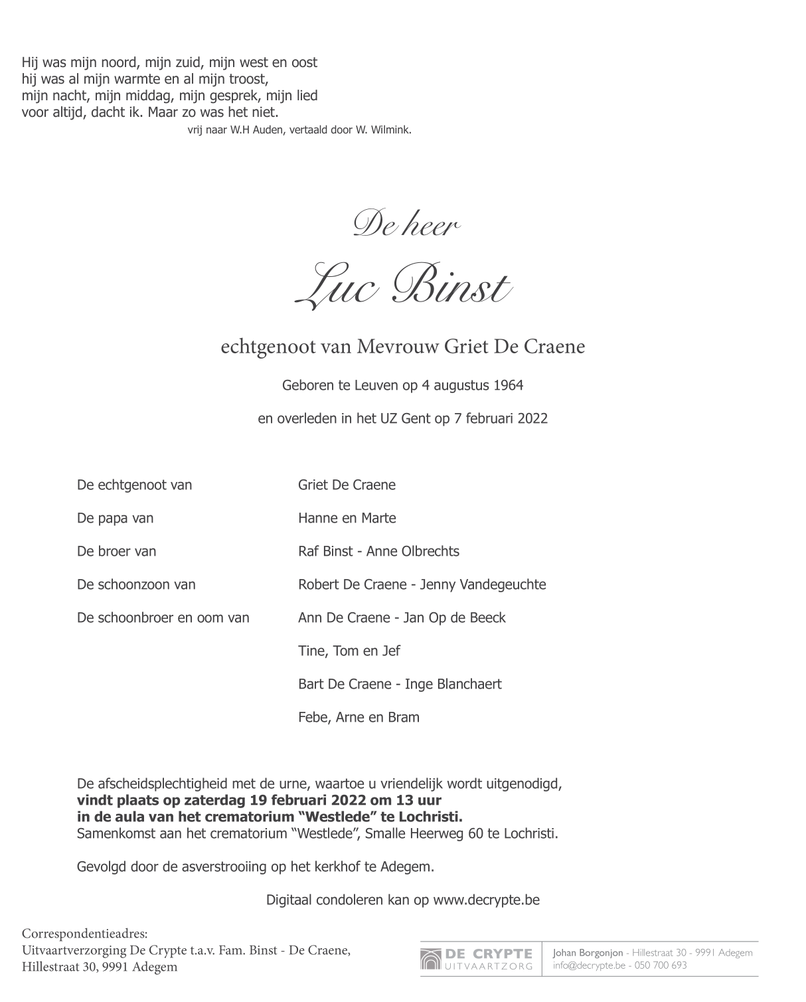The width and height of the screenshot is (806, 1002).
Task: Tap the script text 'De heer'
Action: pyautogui.click(x=406, y=224)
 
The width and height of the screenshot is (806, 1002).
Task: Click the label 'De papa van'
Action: pyautogui.click(x=116, y=518)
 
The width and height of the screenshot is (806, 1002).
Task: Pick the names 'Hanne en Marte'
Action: pyautogui.click(x=347, y=518)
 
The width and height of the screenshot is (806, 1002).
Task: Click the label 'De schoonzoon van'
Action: pyautogui.click(x=136, y=584)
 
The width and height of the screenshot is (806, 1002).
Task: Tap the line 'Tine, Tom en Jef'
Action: pyautogui.click(x=349, y=651)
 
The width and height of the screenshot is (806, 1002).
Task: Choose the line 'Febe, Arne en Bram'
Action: pyautogui.click(x=359, y=717)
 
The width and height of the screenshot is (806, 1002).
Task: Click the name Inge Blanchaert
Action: pyautogui.click(x=453, y=684)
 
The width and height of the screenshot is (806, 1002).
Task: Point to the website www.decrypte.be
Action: pyautogui.click(x=486, y=900)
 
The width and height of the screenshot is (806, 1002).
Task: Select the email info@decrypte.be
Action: pyautogui.click(x=589, y=965)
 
